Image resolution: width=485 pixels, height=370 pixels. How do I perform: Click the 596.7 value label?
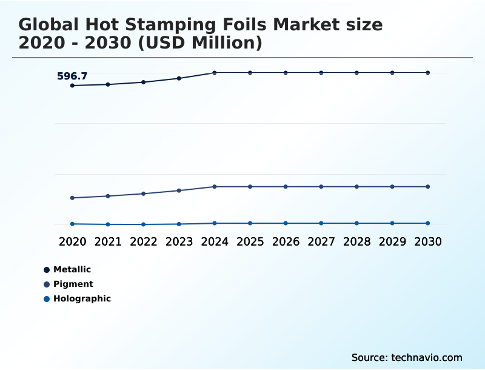72,76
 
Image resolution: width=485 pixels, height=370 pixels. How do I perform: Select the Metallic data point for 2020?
73,86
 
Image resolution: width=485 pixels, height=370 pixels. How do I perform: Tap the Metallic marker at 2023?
179,78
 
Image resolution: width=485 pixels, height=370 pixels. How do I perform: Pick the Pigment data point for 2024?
215,186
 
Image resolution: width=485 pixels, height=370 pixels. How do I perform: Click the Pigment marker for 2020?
73,198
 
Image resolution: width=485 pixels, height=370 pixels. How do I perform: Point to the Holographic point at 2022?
144,224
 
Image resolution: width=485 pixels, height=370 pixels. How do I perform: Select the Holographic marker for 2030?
427,223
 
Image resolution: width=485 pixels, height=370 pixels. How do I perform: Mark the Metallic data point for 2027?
321,73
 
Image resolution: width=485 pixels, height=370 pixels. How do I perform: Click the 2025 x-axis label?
250,241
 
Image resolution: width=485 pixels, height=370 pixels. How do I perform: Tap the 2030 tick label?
427,241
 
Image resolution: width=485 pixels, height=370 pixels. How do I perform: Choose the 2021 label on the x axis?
108,241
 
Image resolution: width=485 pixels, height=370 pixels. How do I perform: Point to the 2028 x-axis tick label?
356,241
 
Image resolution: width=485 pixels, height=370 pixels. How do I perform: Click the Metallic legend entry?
72,269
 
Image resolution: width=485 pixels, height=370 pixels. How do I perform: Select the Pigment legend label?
73,284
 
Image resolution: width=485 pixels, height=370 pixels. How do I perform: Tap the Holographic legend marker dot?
47,299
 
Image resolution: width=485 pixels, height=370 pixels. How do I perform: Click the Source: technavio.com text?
407,357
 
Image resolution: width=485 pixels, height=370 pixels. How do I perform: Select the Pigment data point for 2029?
392,186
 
